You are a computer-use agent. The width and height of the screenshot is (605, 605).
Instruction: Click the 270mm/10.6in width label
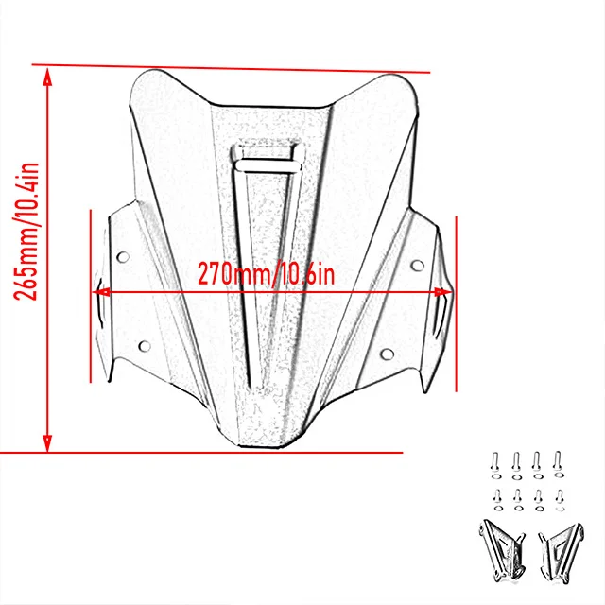[x=267, y=274]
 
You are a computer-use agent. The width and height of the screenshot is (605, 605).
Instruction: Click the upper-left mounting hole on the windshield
[x=123, y=257]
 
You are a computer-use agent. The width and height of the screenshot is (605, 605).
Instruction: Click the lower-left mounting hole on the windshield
[x=143, y=346]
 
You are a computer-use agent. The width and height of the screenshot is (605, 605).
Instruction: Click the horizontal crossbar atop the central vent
[x=269, y=166]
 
